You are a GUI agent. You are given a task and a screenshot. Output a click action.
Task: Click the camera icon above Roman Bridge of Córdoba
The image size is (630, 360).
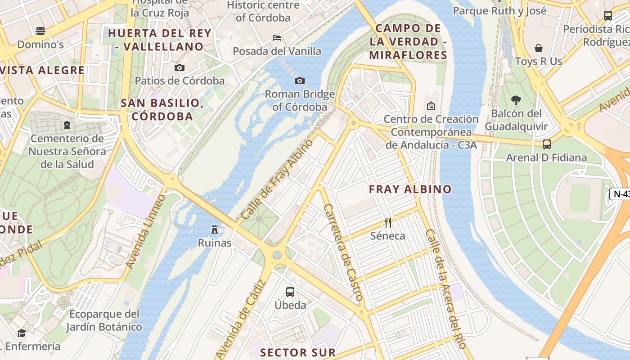point(299,81)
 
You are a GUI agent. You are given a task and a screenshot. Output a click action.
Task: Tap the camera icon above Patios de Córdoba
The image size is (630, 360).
point(180,68)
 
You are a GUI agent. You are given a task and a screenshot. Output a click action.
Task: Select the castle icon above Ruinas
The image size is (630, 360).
point(215,229)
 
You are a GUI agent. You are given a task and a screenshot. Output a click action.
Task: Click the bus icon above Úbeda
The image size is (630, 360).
point(290,292)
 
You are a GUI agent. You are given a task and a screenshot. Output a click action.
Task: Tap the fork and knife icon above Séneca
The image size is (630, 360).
point(388,222)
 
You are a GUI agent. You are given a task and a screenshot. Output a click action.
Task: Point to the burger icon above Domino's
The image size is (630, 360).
point(40,31)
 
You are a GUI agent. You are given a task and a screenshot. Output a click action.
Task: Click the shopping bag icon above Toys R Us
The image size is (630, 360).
point(538,48)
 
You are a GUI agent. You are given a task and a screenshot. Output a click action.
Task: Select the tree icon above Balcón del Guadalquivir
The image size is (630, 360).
point(516,100)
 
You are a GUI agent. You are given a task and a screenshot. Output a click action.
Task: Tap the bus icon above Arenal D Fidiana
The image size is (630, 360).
point(547,144)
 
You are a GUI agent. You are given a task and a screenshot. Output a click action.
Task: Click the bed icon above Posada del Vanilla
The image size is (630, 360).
point(277,38)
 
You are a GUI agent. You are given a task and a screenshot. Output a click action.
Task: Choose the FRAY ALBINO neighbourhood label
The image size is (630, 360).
point(410,189)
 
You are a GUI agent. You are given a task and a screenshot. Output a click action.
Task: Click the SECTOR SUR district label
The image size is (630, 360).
point(298,352)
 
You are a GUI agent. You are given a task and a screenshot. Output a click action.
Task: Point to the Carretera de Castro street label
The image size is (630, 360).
point(343,252)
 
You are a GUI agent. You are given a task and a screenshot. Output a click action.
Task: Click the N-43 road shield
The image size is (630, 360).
point(621,194)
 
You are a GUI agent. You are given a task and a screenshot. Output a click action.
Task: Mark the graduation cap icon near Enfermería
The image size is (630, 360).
point(22,333)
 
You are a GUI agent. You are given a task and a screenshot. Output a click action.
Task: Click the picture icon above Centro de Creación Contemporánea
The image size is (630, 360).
point(431,106)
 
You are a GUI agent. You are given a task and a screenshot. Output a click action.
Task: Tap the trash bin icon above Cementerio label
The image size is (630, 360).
point(67,125)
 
